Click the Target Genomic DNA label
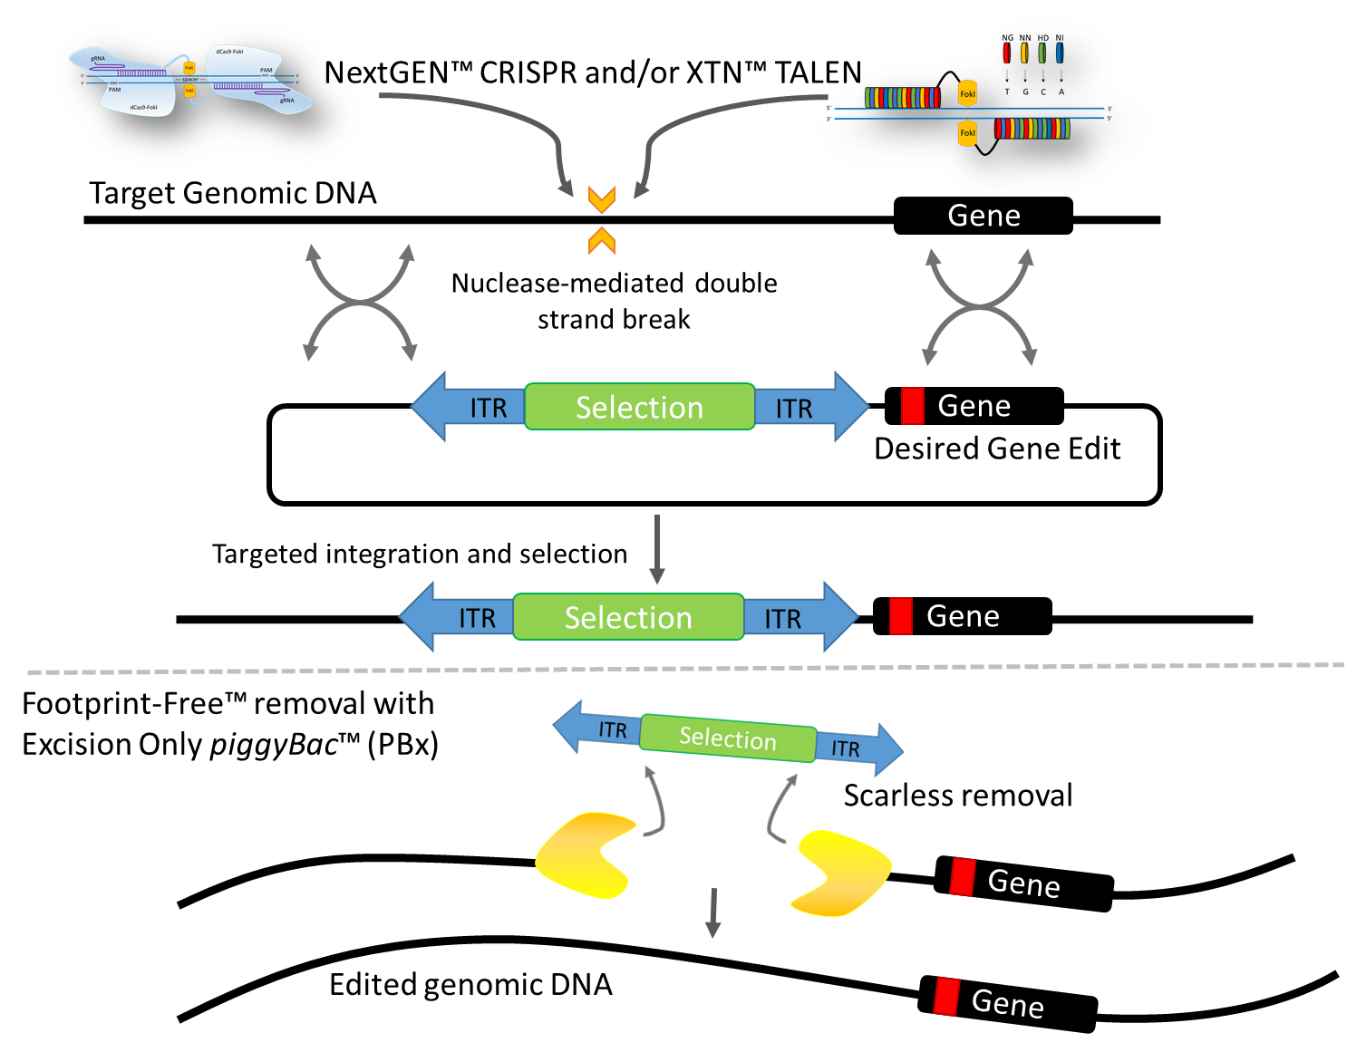click(232, 193)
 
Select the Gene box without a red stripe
click(983, 216)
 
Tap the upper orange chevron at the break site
click(602, 199)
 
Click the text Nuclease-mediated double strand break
click(614, 301)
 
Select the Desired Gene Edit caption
click(996, 449)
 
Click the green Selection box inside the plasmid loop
click(639, 407)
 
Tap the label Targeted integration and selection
click(419, 554)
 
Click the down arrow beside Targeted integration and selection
click(657, 549)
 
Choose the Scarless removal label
click(957, 796)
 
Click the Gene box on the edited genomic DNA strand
click(1007, 1003)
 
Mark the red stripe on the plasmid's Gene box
click(912, 406)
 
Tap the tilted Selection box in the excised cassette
click(728, 738)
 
